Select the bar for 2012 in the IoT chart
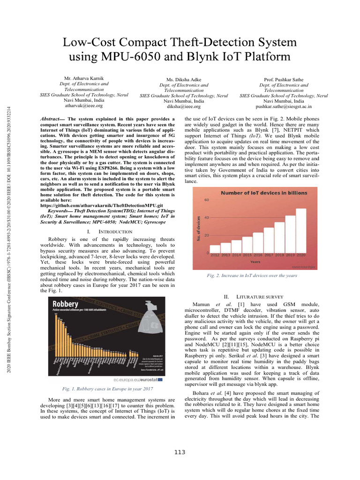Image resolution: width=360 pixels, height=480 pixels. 215,249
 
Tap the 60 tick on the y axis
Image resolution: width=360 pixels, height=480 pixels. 207,200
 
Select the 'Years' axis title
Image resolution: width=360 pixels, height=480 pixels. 255,262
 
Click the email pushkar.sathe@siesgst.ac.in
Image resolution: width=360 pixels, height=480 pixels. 284,106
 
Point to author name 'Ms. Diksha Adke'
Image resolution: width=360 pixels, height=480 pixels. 184,80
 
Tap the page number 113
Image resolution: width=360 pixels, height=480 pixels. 180,452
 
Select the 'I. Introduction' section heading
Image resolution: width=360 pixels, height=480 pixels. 103,232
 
